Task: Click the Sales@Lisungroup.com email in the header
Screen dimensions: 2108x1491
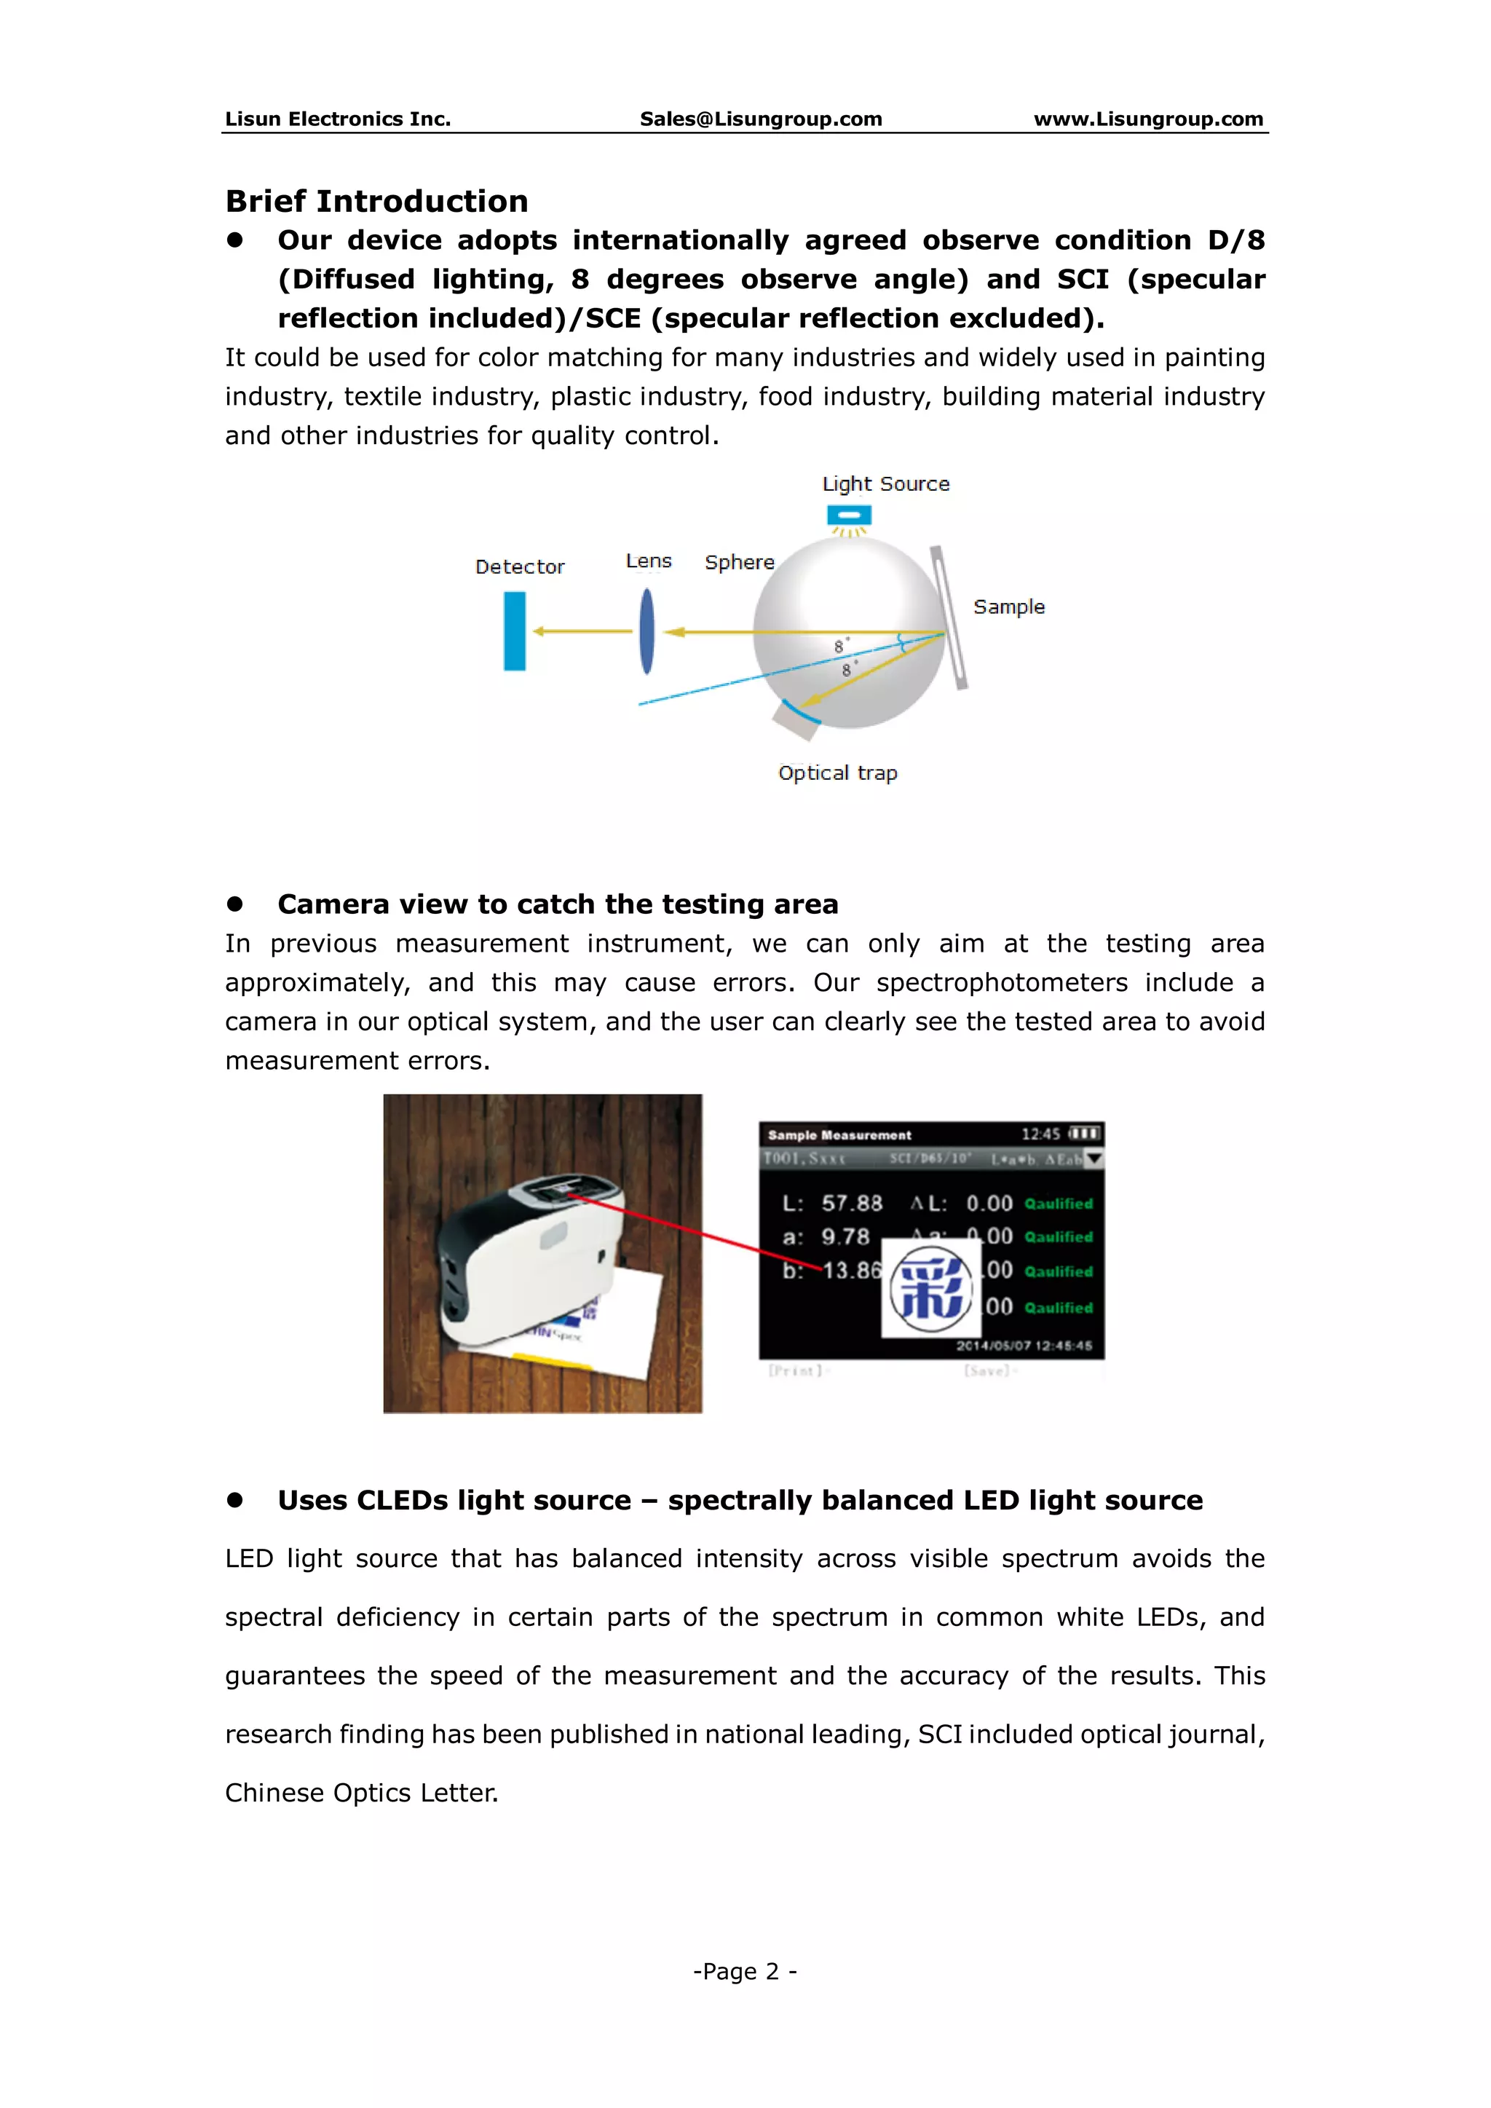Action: [760, 119]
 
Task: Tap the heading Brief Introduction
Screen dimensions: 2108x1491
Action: [376, 200]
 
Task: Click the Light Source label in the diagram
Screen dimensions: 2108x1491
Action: [885, 483]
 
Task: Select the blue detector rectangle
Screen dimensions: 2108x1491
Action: [514, 631]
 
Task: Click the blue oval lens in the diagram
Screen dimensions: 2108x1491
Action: [647, 631]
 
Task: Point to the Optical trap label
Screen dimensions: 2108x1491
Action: [837, 773]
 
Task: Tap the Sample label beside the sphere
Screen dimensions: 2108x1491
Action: [1008, 607]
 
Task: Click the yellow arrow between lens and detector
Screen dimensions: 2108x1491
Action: [582, 631]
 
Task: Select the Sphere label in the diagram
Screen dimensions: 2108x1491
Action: [739, 562]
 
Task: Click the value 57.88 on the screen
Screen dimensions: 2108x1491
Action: [851, 1203]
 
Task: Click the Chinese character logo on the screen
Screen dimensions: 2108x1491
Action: [930, 1287]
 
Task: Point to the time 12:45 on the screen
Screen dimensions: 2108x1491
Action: [1040, 1134]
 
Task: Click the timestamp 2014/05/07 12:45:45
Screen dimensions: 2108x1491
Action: [1024, 1346]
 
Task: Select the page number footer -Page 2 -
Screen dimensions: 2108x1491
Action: [745, 1971]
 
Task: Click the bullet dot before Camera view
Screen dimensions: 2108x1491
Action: [235, 904]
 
